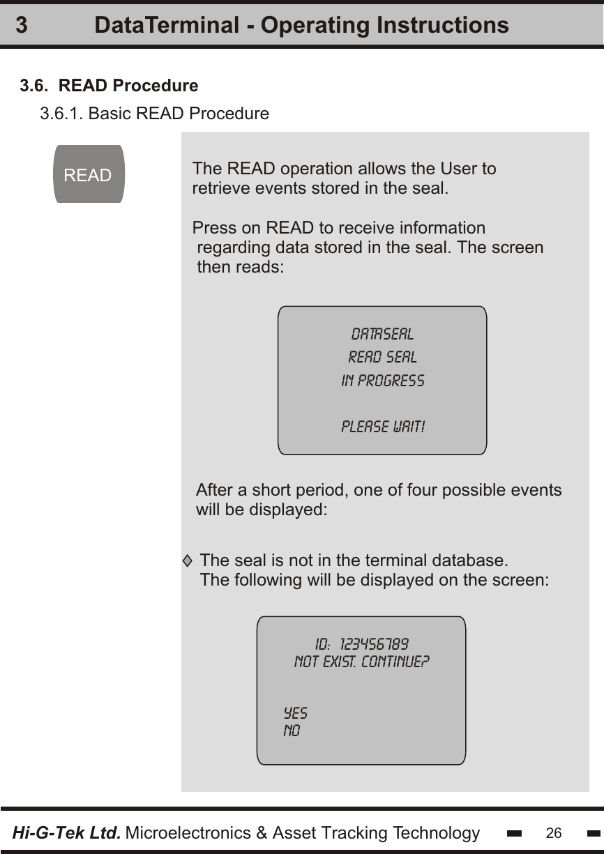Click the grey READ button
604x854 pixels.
(88, 174)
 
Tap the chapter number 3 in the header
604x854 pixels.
(22, 26)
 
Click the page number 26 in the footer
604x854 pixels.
(554, 832)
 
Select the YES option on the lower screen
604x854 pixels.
(295, 714)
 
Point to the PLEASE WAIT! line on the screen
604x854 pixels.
(383, 427)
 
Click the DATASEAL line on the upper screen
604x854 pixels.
(382, 334)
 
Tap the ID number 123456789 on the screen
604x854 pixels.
(379, 642)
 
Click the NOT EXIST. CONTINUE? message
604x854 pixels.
(361, 661)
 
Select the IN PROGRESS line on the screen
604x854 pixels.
(382, 381)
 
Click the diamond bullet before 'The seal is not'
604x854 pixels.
(187, 561)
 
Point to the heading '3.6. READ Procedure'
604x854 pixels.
(109, 86)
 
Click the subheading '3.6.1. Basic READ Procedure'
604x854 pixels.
(154, 114)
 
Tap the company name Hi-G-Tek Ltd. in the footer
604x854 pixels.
(67, 832)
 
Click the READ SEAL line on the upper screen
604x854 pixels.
(382, 358)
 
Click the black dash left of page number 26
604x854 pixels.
(515, 833)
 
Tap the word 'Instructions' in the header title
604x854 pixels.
(443, 26)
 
